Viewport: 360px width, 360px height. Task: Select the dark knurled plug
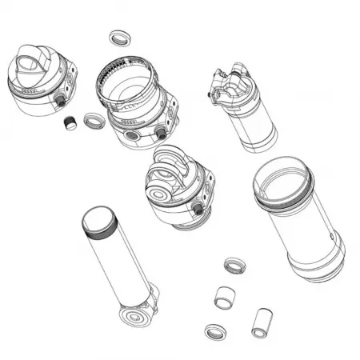[70, 124]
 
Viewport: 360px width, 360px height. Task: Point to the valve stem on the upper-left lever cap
[61, 101]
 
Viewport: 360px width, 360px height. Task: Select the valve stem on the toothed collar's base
[162, 130]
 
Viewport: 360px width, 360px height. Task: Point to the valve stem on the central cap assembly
[198, 209]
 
